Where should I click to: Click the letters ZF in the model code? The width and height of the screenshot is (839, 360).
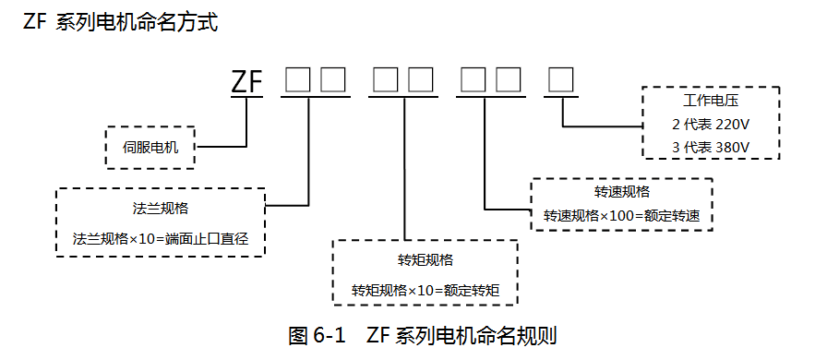click(246, 82)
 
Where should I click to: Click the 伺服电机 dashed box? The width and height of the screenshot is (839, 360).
click(150, 147)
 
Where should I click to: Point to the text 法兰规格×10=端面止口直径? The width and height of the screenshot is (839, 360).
click(161, 238)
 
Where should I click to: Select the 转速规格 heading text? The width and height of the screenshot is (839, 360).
click(621, 192)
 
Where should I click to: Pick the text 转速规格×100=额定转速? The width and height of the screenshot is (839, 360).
click(621, 216)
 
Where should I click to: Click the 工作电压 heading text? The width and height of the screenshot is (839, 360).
click(711, 100)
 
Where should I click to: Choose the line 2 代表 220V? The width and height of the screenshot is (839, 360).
click(710, 123)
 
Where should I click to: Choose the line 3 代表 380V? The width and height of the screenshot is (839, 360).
click(710, 147)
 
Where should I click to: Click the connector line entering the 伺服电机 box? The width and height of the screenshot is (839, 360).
click(222, 146)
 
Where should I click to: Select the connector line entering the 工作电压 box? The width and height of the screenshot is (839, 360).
click(600, 125)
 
